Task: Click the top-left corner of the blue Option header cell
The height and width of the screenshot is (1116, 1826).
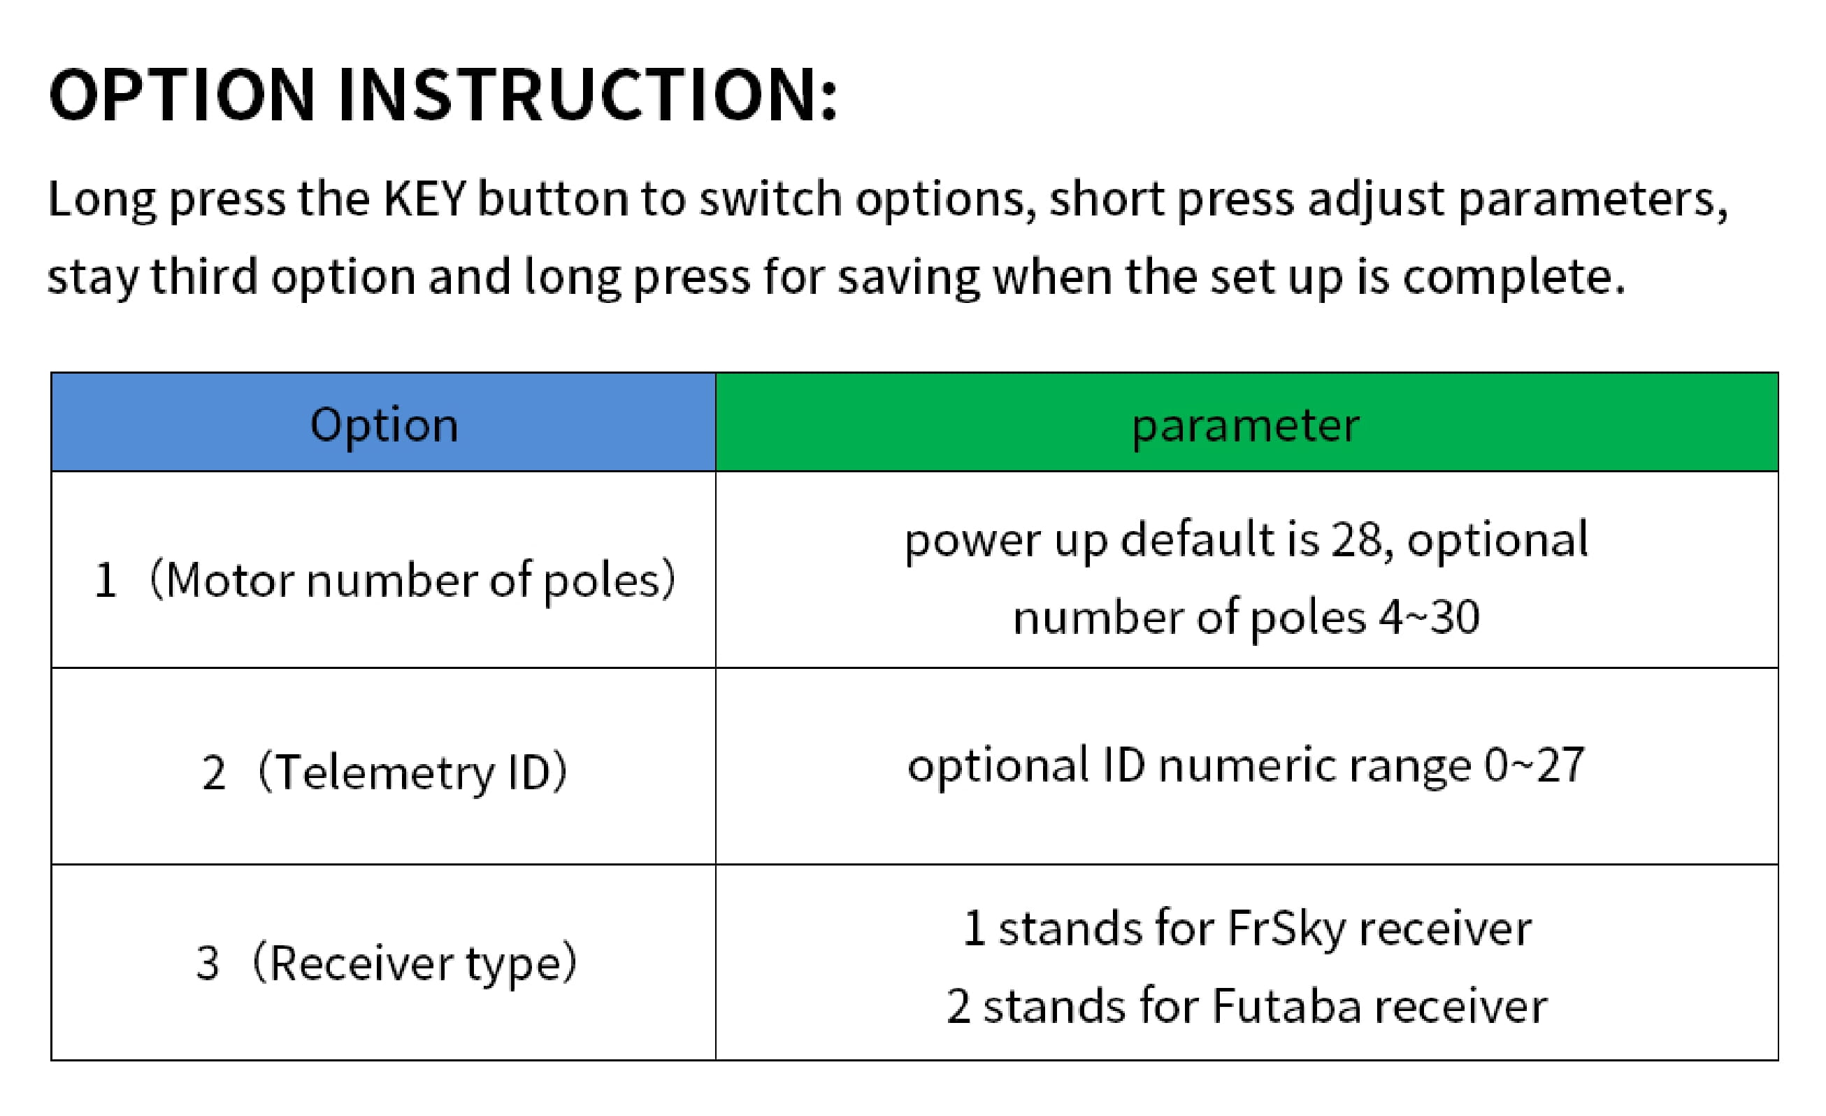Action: [x=52, y=373]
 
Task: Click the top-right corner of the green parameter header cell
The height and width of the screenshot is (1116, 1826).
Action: [x=1778, y=373]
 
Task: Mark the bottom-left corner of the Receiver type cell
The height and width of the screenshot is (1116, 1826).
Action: [x=52, y=1059]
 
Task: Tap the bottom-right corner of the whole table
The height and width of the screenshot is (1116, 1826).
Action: [x=1778, y=1059]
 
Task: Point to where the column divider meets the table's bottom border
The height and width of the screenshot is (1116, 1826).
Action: [x=716, y=1059]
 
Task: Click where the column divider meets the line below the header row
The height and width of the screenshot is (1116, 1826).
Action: [x=716, y=471]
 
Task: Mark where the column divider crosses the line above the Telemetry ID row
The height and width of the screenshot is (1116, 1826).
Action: [x=716, y=668]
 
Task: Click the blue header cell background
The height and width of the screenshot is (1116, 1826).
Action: [x=384, y=422]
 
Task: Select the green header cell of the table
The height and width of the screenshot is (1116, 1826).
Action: [x=1246, y=422]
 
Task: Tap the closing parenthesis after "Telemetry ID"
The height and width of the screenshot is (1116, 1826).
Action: [x=560, y=772]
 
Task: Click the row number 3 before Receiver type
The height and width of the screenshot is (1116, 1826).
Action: [x=208, y=963]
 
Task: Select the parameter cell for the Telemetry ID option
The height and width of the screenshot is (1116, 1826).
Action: [x=1246, y=766]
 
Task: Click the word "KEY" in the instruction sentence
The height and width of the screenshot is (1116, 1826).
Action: [x=424, y=199]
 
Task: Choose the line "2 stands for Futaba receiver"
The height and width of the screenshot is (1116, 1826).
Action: [x=1246, y=1006]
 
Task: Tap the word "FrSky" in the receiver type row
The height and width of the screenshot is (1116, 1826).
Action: [x=1286, y=929]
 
